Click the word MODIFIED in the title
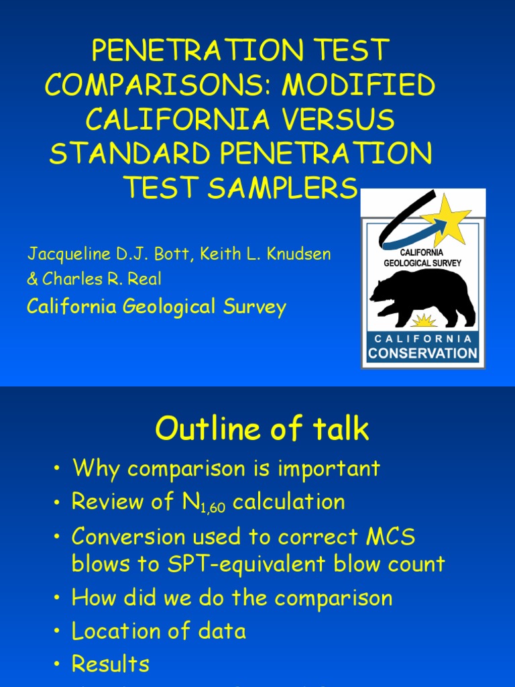(359, 85)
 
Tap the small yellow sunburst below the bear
(423, 320)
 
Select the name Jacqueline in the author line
(63, 254)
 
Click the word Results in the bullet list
(111, 664)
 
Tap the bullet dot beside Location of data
(58, 631)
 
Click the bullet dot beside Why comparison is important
(58, 468)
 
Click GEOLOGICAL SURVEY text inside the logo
(422, 263)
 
